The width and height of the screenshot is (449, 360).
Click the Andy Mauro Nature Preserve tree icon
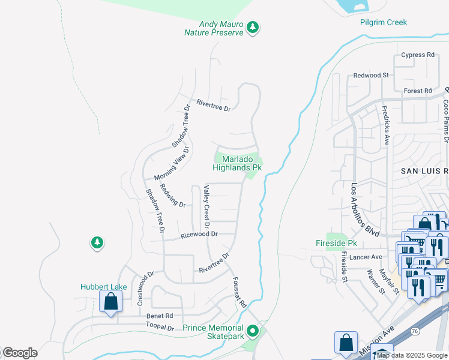(253, 27)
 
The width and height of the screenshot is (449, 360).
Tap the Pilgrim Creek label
(383, 23)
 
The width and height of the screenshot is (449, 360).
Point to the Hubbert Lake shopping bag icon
(111, 302)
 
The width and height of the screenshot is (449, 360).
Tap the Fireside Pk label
(336, 244)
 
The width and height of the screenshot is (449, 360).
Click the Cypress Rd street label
(418, 55)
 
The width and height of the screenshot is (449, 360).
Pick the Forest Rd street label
(418, 91)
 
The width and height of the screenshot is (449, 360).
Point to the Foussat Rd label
(240, 292)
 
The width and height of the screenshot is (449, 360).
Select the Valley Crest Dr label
(206, 205)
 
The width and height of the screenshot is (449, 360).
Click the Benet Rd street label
(160, 316)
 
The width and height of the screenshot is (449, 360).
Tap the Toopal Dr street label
(160, 328)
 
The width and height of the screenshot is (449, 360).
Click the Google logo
(19, 353)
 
